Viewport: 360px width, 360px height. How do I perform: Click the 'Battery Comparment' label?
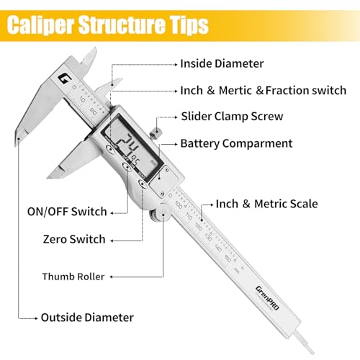[235, 143]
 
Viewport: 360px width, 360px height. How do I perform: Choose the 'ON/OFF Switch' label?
[74, 212]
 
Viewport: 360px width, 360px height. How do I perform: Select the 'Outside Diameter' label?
[87, 316]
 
